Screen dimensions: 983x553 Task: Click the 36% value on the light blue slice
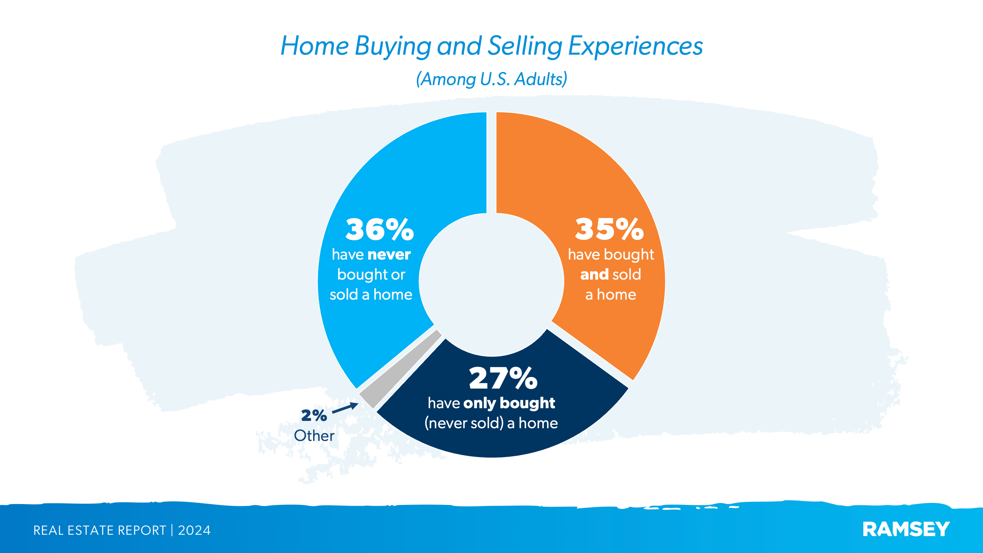tap(379, 229)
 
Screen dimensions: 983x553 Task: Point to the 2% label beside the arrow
tap(314, 415)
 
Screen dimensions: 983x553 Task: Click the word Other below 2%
tap(314, 436)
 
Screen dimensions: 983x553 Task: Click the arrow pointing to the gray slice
tap(345, 408)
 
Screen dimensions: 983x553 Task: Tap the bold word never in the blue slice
tap(389, 255)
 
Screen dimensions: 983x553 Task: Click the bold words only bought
tap(509, 403)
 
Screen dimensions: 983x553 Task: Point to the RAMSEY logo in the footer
tap(906, 529)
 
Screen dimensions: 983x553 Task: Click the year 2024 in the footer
tap(194, 530)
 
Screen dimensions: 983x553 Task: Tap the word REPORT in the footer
tap(141, 530)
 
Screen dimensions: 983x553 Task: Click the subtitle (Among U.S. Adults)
tap(492, 79)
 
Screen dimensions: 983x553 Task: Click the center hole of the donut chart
tap(492, 285)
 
